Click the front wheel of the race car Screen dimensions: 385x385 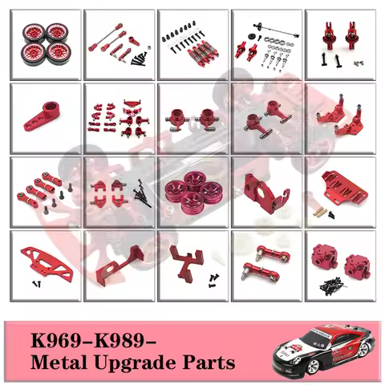313,367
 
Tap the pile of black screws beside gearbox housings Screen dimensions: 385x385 332,286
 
